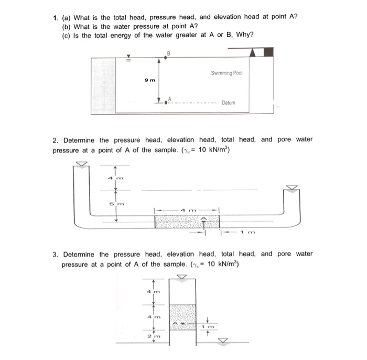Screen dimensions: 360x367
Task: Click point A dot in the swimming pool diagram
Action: [166, 102]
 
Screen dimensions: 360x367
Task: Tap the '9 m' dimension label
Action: [149, 80]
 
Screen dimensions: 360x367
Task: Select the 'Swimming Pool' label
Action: [227, 73]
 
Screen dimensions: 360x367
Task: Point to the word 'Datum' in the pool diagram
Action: [229, 103]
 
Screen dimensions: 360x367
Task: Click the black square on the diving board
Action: [268, 52]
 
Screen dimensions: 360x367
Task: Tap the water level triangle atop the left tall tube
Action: [81, 164]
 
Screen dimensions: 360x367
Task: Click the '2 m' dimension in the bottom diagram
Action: [150, 335]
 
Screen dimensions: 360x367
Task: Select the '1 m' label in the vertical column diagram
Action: [209, 326]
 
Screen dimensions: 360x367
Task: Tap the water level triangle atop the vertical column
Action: [181, 276]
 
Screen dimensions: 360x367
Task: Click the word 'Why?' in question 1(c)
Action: [245, 35]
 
